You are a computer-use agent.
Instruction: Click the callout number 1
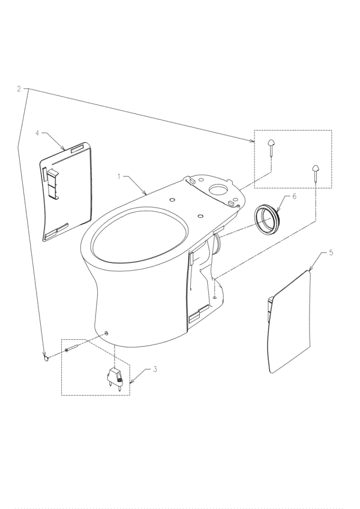tap(119, 176)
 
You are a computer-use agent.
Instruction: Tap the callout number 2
tap(19, 89)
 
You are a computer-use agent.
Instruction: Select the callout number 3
tap(155, 369)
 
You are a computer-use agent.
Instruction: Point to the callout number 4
tap(37, 133)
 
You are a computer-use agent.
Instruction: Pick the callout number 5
tap(331, 253)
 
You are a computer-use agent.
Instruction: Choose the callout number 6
tap(294, 196)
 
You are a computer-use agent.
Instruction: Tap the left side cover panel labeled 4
tap(66, 192)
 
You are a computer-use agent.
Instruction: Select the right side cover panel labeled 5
tap(290, 321)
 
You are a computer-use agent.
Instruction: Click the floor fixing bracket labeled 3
tap(116, 378)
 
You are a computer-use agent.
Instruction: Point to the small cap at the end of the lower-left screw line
tap(46, 358)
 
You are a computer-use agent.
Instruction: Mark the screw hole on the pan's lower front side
tap(106, 333)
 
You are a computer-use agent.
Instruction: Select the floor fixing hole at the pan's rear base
tap(215, 297)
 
